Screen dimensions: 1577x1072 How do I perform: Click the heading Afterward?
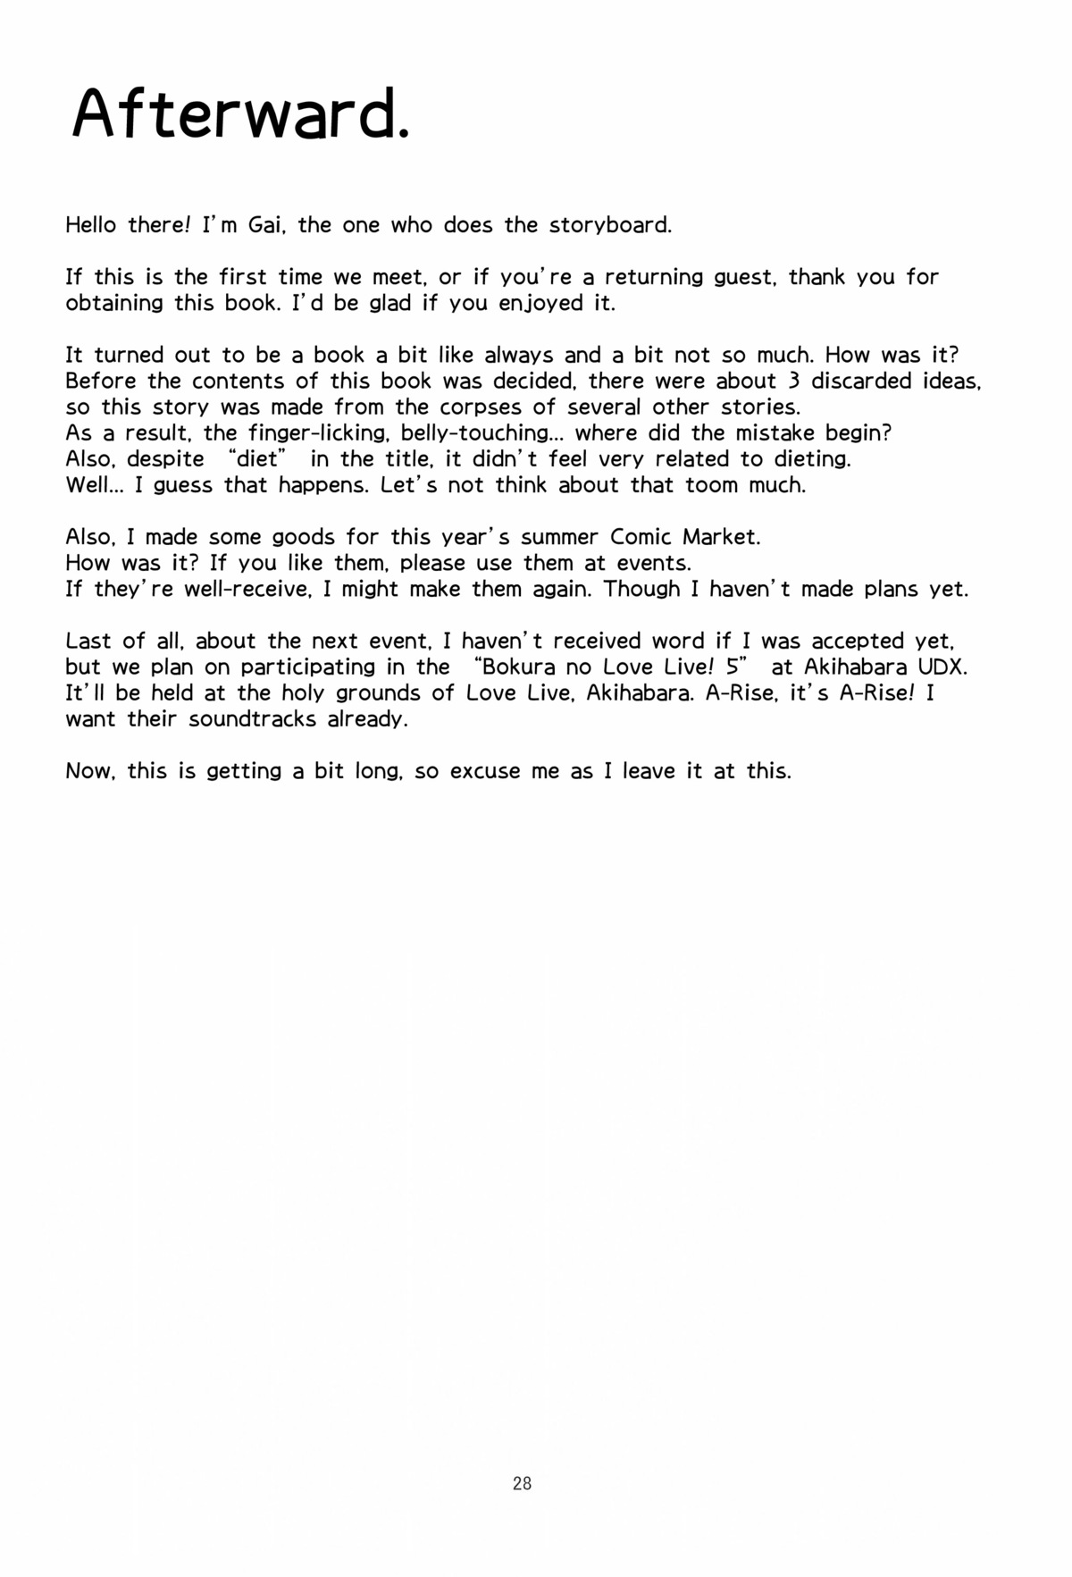[241, 114]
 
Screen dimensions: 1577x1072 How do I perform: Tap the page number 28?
[523, 1483]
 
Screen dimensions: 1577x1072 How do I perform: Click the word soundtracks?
[252, 719]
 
